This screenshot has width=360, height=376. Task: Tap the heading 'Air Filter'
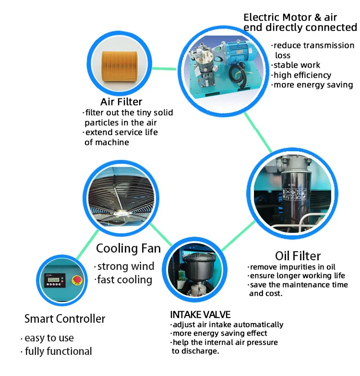click(x=121, y=101)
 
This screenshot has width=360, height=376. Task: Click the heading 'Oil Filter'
click(x=298, y=255)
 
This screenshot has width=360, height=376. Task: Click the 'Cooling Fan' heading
click(x=128, y=248)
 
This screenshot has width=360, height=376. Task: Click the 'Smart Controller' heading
click(x=65, y=318)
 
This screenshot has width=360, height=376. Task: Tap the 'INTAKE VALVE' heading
click(x=200, y=315)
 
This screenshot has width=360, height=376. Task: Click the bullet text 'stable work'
click(x=296, y=65)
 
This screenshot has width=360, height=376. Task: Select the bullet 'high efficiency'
click(x=301, y=75)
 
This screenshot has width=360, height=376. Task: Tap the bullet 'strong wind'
click(x=124, y=267)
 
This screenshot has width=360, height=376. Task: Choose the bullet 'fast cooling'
click(x=123, y=279)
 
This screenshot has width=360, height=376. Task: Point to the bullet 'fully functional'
click(x=56, y=352)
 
